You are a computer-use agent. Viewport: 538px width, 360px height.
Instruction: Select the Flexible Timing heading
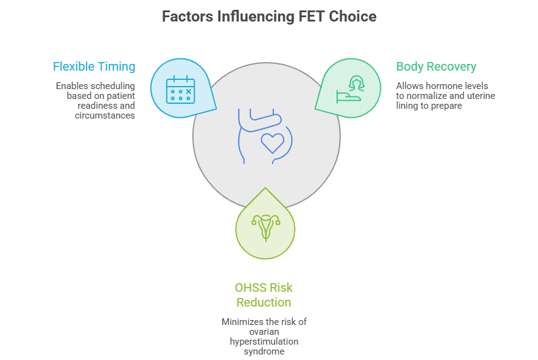(x=94, y=66)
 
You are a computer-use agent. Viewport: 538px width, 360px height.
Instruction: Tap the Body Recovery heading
(x=436, y=66)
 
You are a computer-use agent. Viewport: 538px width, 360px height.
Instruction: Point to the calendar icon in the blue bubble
(x=181, y=89)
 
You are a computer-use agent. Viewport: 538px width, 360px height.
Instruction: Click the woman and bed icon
(x=350, y=89)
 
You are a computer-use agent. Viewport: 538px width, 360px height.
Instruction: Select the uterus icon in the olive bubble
(x=265, y=228)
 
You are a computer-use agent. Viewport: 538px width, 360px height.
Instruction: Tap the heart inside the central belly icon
(x=273, y=143)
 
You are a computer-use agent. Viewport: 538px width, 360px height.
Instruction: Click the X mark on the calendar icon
(x=189, y=92)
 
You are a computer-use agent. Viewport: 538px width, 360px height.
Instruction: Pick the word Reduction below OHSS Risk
(x=264, y=302)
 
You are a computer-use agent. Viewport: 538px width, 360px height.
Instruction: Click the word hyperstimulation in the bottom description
(x=264, y=342)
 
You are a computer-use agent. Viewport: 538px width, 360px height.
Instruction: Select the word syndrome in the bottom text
(x=264, y=351)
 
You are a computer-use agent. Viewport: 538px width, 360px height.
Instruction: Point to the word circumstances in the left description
(x=105, y=115)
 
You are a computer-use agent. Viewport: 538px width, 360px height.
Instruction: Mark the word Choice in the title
(x=353, y=17)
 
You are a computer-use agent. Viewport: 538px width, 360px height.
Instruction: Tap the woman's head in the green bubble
(x=356, y=84)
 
